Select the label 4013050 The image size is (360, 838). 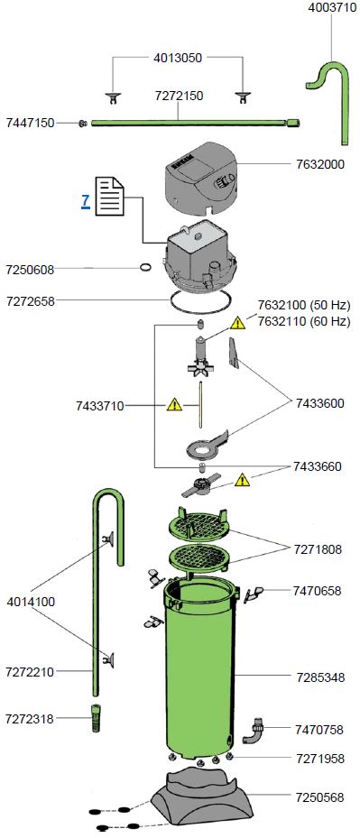(178, 58)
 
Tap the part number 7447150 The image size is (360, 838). (31, 123)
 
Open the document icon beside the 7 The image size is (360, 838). (109, 197)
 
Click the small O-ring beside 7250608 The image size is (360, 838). (144, 267)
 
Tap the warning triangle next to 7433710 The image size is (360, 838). (175, 405)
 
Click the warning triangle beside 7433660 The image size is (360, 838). (242, 480)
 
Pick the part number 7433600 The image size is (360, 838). (318, 403)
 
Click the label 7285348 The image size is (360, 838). (318, 677)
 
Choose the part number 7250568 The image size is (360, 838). (318, 797)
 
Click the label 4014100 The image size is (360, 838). (31, 600)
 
